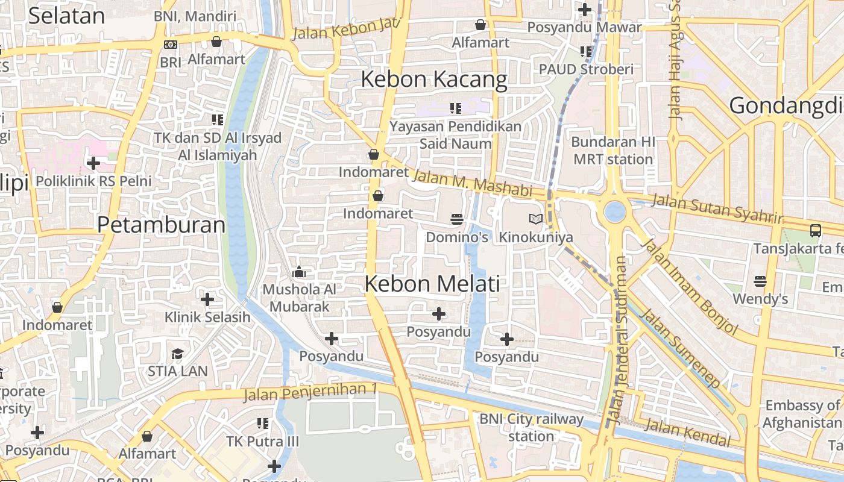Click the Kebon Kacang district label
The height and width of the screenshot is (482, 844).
point(434,80)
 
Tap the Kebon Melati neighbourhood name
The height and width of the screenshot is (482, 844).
point(432,284)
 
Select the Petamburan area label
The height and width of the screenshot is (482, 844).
point(161,225)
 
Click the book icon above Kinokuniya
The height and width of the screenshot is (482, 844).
point(535,219)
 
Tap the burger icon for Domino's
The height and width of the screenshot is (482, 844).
point(457,219)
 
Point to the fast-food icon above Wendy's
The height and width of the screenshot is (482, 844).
point(760,281)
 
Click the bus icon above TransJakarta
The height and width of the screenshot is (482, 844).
point(815,230)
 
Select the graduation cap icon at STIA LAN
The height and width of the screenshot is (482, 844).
point(177,354)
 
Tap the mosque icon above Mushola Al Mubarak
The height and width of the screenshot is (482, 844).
point(299,272)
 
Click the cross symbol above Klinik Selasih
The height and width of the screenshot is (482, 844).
point(207,299)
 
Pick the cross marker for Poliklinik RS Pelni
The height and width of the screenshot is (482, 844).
point(93,163)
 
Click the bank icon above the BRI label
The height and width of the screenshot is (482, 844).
point(171,44)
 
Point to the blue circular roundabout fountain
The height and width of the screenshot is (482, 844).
point(614,212)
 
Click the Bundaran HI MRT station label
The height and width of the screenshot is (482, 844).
point(613,151)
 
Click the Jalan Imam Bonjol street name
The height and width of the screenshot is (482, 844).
point(689,286)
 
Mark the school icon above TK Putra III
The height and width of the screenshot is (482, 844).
point(263,424)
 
